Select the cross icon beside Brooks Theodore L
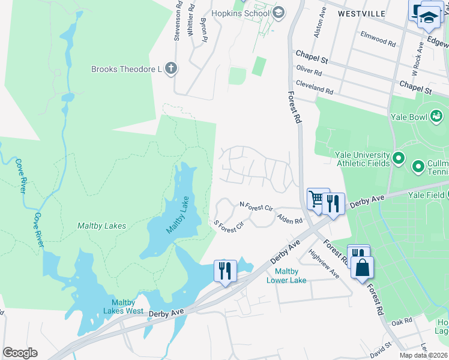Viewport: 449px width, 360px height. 171,69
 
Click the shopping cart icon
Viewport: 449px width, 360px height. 317,199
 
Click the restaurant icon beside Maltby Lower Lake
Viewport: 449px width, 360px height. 225,271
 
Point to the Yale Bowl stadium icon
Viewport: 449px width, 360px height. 437,115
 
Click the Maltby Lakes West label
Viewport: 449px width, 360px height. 127,307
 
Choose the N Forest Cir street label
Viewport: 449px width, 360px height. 256,207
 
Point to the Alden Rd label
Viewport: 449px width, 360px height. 289,220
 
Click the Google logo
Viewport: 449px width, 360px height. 20,353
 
